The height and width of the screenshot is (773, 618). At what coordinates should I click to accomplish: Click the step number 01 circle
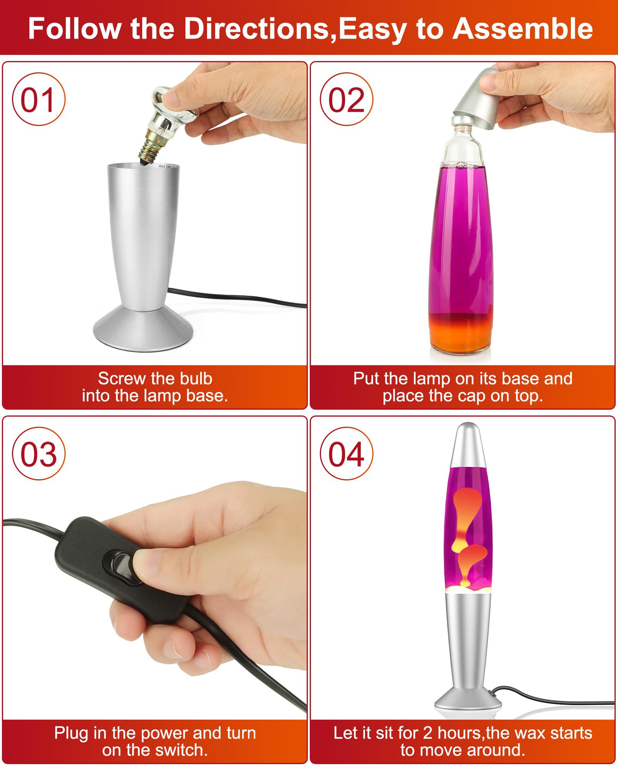39,99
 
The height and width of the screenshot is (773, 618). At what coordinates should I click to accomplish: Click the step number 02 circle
347,99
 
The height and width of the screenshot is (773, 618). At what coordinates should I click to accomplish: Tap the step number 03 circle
39,453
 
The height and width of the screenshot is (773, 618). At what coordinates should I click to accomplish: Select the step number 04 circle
347,453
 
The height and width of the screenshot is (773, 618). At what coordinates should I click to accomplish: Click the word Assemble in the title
523,29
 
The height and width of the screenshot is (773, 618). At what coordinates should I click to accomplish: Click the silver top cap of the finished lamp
468,445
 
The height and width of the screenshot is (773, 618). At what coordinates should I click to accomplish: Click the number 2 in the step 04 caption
427,733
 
